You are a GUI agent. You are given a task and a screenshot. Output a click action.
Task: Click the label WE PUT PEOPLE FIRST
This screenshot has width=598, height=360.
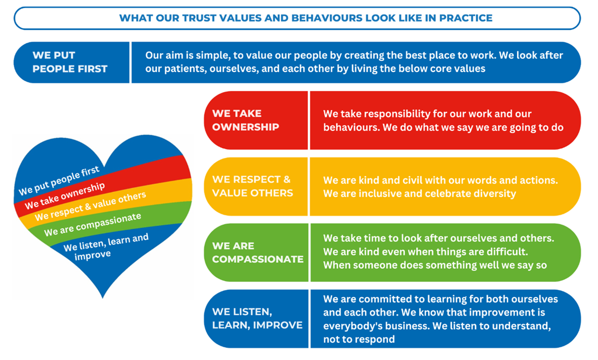tap(70, 62)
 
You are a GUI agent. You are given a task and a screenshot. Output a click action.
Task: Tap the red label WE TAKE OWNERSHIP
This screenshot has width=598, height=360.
tap(245, 120)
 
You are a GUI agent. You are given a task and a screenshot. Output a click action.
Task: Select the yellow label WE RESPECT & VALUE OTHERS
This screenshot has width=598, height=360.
tap(252, 186)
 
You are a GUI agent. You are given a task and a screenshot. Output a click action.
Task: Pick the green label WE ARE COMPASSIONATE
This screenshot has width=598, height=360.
tap(258, 252)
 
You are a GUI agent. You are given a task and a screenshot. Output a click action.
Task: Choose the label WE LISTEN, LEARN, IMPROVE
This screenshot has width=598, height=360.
tap(258, 318)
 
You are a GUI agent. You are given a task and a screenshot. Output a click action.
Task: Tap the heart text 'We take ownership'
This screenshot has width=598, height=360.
tap(65, 196)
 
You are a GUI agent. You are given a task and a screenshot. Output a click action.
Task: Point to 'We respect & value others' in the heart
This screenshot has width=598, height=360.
tap(90, 206)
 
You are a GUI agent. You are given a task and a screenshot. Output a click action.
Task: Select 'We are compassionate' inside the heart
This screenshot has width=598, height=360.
tap(93, 225)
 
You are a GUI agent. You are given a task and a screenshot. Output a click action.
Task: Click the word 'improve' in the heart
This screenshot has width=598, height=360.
tap(93, 255)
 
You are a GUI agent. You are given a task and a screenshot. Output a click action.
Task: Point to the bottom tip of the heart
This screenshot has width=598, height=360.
tap(102, 298)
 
